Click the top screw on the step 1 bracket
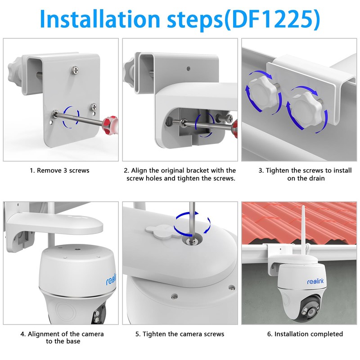click(x=75, y=70)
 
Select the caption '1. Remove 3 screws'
click(x=59, y=171)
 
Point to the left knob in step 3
click(x=263, y=94)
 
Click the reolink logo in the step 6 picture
click(x=315, y=281)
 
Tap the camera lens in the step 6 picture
click(x=311, y=312)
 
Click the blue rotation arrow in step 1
click(x=71, y=117)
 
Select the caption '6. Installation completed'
click(x=305, y=334)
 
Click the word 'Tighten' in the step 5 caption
click(x=154, y=334)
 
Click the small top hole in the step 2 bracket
click(x=189, y=68)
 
